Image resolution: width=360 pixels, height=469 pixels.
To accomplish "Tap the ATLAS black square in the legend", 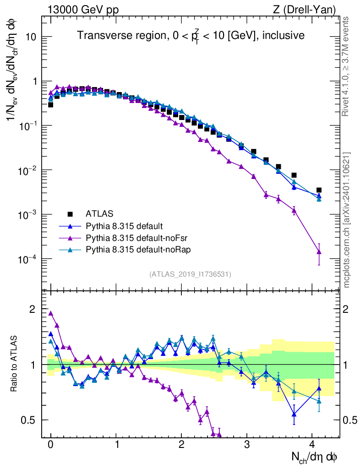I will (x=70, y=214).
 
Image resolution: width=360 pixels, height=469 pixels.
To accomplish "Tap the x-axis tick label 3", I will (x=247, y=444).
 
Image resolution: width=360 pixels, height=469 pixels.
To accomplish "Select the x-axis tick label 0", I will (x=50, y=444).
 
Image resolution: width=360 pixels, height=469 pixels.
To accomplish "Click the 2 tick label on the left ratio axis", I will (x=32, y=309).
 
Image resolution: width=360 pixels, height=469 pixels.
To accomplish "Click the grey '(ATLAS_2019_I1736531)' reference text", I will (x=190, y=274).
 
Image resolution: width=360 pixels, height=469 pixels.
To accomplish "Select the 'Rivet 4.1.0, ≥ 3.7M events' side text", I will (x=347, y=67).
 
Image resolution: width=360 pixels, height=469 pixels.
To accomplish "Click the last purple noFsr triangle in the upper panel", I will (x=319, y=251).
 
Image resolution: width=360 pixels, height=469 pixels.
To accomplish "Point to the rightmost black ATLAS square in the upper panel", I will (x=319, y=190).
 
